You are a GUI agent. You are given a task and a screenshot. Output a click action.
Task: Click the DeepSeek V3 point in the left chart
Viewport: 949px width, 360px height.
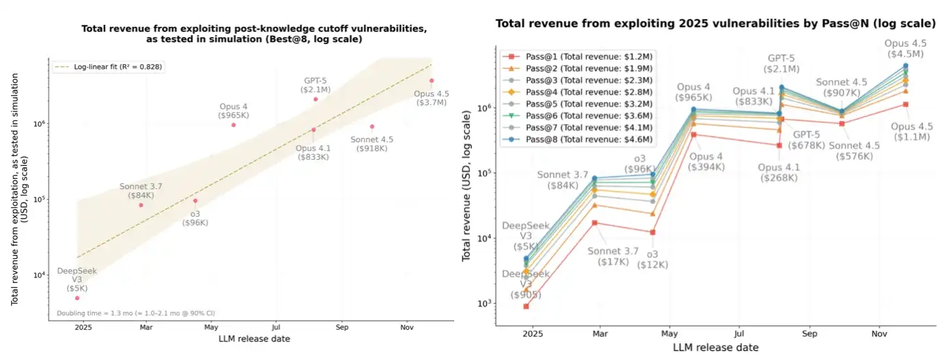[x=77, y=297]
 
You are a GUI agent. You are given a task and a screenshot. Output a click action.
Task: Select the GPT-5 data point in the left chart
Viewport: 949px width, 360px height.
[x=316, y=99]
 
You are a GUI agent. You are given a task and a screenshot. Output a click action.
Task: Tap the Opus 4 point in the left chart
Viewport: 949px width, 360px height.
[x=233, y=125]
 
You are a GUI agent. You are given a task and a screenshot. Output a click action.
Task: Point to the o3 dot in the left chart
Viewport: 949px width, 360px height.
[x=195, y=201]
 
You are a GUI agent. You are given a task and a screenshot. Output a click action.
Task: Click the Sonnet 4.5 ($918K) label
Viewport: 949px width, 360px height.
[x=372, y=144]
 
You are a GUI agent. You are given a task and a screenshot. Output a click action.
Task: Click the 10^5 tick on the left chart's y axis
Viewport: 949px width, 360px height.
[x=39, y=200]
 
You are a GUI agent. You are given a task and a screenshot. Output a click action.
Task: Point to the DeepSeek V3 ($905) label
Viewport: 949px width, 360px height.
[x=526, y=284]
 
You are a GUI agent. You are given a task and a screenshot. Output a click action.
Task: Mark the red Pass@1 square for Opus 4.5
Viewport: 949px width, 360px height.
[x=906, y=104]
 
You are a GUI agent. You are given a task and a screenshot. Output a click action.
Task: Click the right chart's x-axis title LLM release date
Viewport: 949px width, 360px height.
[x=715, y=348]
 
